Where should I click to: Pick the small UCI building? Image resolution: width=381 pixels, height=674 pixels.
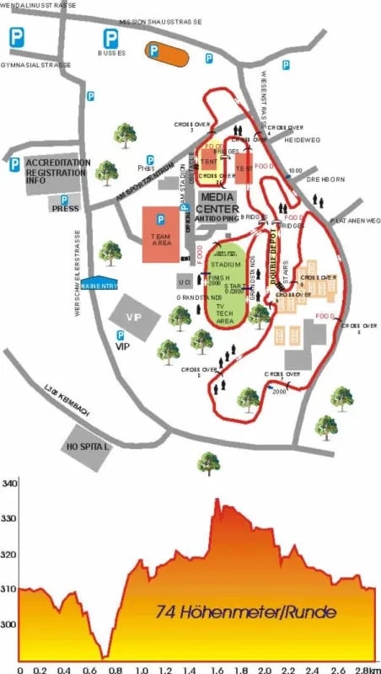pyautogui.click(x=185, y=281)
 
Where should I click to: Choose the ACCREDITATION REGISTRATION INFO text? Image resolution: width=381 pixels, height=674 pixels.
pyautogui.click(x=56, y=171)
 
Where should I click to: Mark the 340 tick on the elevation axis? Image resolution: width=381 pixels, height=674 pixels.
pyautogui.click(x=10, y=484)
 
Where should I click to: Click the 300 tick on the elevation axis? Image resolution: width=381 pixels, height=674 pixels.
pyautogui.click(x=10, y=624)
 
